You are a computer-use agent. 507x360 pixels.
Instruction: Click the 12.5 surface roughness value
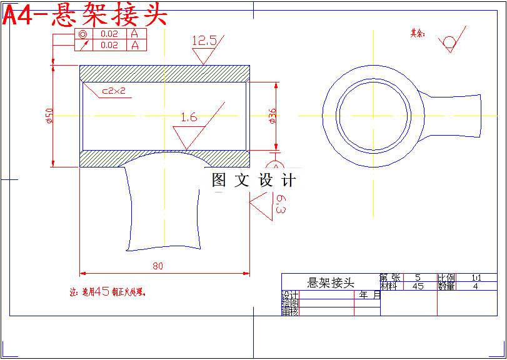(x=204, y=41)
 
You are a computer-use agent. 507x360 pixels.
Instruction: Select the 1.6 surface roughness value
(x=188, y=117)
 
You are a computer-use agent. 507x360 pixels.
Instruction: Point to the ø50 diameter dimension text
(x=49, y=116)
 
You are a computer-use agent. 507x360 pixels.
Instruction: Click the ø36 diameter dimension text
(x=272, y=116)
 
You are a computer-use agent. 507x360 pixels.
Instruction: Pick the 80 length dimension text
(x=158, y=266)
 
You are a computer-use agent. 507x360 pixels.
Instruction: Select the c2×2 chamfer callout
(x=114, y=91)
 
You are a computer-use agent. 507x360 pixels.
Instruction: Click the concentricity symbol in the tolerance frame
(x=84, y=34)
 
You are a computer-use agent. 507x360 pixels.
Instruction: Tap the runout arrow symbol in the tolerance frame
(x=84, y=45)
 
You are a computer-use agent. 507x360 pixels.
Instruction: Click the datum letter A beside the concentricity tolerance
(x=134, y=34)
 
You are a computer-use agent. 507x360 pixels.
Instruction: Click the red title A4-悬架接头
(x=85, y=15)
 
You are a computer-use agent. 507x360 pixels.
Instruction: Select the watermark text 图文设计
(x=253, y=181)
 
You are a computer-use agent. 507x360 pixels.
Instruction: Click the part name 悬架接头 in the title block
(x=331, y=282)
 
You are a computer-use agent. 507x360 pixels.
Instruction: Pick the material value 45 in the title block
(x=418, y=286)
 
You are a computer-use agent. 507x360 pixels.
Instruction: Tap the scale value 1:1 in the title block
(x=476, y=277)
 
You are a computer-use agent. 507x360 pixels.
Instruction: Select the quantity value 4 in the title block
(x=476, y=286)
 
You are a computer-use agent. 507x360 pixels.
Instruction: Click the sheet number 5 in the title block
(x=418, y=277)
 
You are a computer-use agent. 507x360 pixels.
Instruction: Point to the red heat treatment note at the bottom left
(x=111, y=291)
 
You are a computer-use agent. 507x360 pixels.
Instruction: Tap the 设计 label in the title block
(x=289, y=295)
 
